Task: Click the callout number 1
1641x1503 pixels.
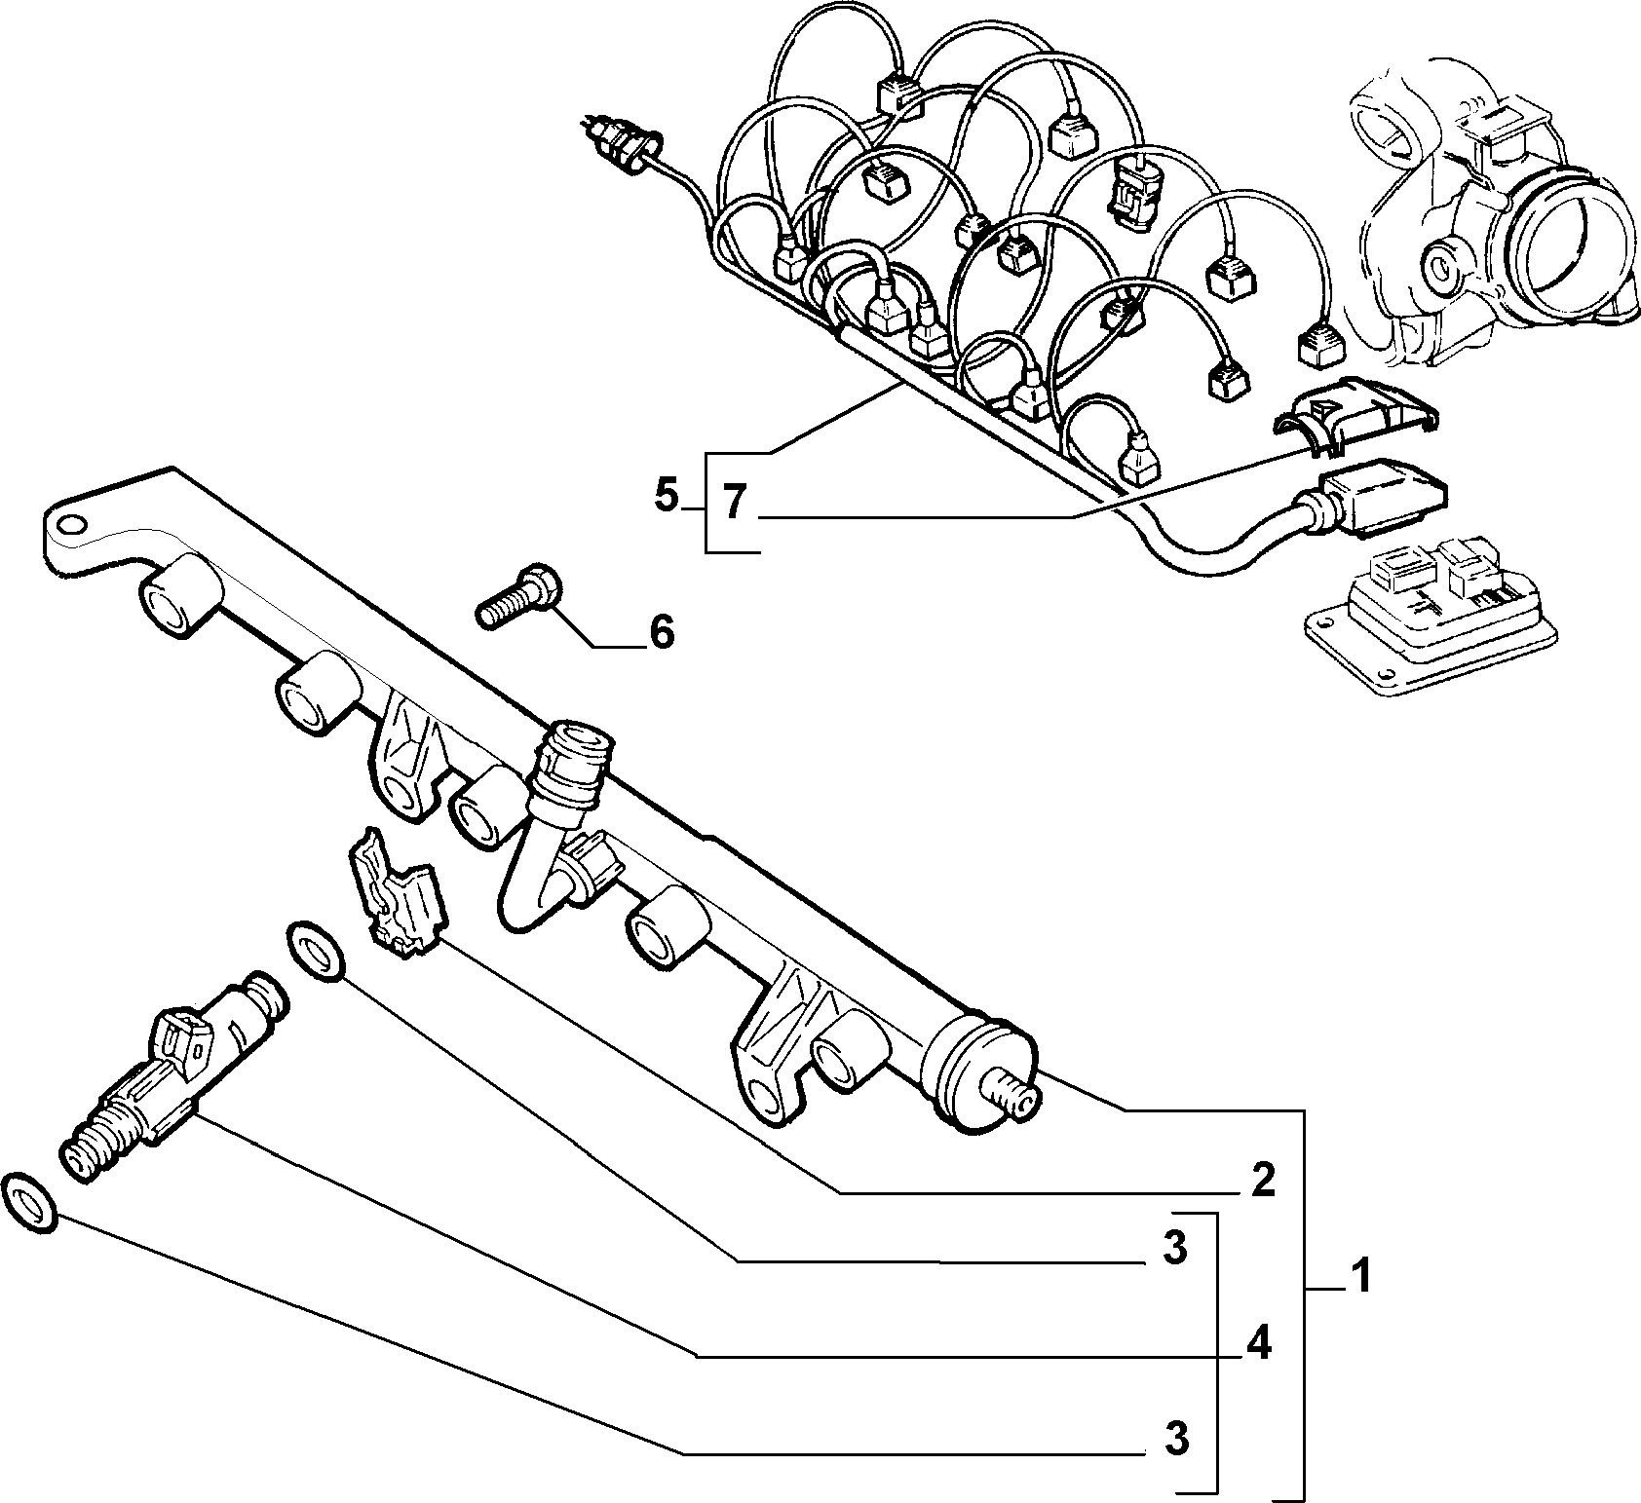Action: coord(1360,1275)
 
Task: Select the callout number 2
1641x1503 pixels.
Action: coord(1263,1181)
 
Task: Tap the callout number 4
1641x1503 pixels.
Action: coord(1259,1345)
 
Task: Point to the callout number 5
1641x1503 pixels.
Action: coord(666,497)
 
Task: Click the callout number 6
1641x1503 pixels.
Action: coord(661,633)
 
